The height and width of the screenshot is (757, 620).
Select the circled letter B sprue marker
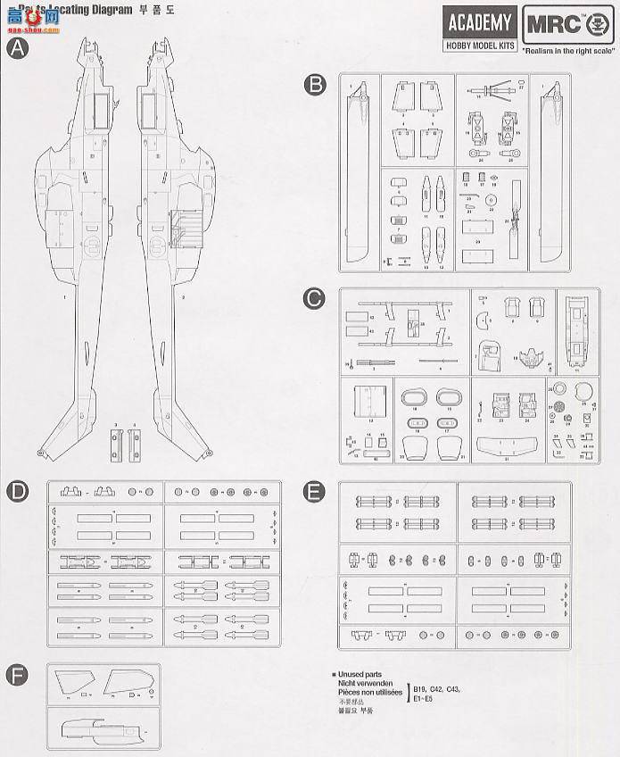(x=314, y=85)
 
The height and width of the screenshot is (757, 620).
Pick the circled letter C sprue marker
(x=314, y=299)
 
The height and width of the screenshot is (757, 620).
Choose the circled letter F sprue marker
(x=17, y=674)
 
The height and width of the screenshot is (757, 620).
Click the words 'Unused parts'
(x=361, y=676)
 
